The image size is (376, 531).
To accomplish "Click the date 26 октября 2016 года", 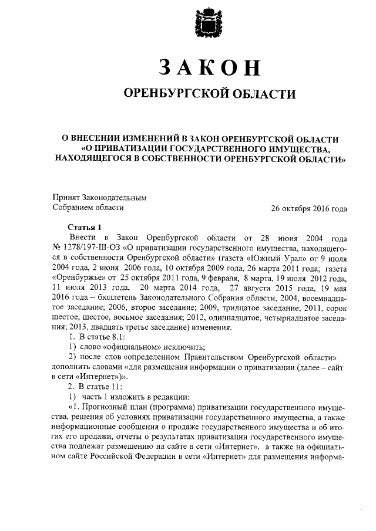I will (x=308, y=208).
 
